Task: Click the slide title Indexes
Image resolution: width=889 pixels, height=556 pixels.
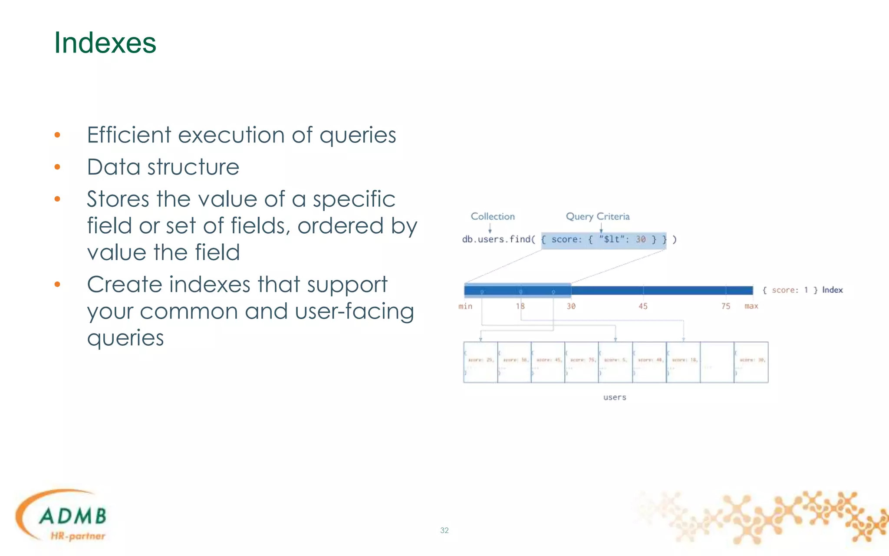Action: tap(105, 43)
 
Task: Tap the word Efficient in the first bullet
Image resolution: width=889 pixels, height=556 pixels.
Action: tap(128, 135)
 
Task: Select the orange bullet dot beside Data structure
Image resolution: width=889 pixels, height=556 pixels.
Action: tap(57, 167)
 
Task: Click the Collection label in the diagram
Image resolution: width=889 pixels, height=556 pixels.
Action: tap(493, 216)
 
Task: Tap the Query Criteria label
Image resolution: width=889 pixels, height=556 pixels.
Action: tap(597, 216)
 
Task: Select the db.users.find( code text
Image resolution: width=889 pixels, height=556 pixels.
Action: tap(498, 239)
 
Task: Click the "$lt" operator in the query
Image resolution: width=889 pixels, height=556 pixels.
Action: tap(612, 239)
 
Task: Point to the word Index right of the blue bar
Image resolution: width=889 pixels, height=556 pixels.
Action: tap(832, 290)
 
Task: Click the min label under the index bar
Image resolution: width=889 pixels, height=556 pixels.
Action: tap(465, 306)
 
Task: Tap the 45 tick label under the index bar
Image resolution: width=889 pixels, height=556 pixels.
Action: tap(643, 306)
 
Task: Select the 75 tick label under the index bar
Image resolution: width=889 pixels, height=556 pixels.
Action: tap(726, 306)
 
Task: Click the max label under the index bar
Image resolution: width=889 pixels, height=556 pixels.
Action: tap(751, 306)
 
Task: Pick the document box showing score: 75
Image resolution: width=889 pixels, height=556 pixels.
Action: tap(582, 362)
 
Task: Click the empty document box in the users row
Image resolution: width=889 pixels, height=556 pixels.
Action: tap(717, 362)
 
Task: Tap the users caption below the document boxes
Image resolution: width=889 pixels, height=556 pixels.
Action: tap(615, 397)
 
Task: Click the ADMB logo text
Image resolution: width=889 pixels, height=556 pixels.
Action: tap(73, 516)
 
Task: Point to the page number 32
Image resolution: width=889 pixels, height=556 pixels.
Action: tap(444, 530)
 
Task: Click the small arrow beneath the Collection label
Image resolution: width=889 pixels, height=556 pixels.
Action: tap(490, 228)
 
